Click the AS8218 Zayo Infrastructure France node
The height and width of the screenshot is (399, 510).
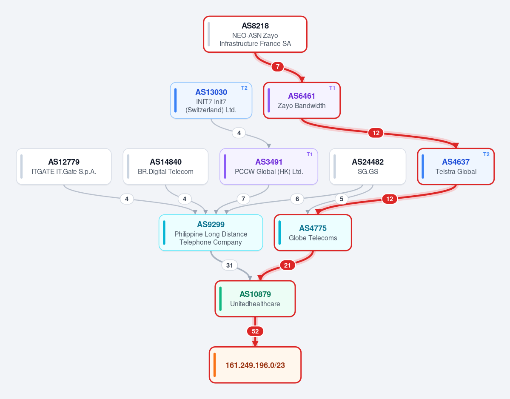(255, 34)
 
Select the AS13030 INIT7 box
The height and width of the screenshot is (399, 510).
(211, 100)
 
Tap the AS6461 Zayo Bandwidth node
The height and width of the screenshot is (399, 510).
(302, 100)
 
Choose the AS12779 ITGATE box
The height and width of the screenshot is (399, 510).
(64, 166)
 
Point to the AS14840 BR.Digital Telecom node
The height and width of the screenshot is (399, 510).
(165, 166)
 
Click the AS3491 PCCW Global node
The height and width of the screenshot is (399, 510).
(269, 166)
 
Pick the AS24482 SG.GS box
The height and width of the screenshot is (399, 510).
(368, 166)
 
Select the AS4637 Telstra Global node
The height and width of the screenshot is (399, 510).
(456, 166)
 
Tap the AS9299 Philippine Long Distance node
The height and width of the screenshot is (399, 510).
(211, 233)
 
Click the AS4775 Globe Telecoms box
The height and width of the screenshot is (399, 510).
(313, 233)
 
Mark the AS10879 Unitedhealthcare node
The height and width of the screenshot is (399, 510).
(255, 299)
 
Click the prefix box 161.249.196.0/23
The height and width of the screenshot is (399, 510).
(255, 365)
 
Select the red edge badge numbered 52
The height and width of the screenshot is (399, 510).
(255, 331)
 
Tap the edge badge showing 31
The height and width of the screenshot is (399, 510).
(230, 265)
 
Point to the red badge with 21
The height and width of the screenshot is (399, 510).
(287, 265)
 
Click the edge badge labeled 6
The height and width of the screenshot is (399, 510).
(297, 199)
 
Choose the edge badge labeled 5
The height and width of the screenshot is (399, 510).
(342, 199)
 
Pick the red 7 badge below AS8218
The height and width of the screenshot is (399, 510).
(278, 67)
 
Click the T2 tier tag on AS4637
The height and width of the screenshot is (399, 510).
(486, 154)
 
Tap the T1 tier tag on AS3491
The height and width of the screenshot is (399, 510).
(310, 154)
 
